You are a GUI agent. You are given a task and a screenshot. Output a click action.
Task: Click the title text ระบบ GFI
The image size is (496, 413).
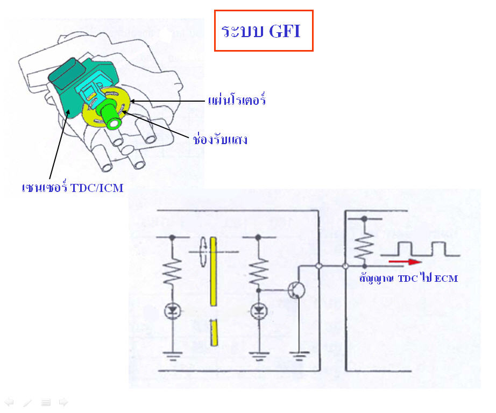pyautogui.click(x=261, y=31)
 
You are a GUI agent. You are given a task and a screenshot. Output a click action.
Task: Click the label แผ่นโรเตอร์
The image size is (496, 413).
pyautogui.click(x=237, y=99)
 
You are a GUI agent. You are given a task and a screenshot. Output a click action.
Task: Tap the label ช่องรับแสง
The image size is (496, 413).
pyautogui.click(x=220, y=139)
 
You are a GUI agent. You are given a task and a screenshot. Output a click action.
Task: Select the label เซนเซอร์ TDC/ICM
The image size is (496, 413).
pyautogui.click(x=73, y=188)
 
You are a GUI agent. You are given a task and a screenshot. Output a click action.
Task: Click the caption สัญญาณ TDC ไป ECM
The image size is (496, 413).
pyautogui.click(x=409, y=278)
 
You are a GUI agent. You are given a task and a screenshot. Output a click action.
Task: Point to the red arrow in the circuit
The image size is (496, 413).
pyautogui.click(x=405, y=261)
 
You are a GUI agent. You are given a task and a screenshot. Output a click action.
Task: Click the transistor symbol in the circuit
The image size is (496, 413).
pyautogui.click(x=297, y=290)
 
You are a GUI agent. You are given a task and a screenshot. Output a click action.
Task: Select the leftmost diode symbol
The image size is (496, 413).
pyautogui.click(x=172, y=311)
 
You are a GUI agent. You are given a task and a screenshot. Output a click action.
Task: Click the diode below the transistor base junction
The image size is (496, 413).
pyautogui.click(x=259, y=311)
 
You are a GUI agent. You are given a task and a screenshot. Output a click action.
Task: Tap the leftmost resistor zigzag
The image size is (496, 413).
pyautogui.click(x=172, y=272)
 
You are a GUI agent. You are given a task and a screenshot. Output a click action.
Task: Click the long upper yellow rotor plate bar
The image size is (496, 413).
pyautogui.click(x=213, y=272)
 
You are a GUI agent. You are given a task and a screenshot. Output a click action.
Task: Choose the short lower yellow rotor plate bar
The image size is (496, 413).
pyautogui.click(x=214, y=332)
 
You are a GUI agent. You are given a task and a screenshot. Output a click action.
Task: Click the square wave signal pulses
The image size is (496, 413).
pyautogui.click(x=420, y=249)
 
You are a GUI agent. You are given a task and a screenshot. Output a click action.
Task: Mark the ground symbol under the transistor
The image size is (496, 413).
pyautogui.click(x=299, y=357)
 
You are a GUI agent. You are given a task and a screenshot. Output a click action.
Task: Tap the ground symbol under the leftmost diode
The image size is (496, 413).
pyautogui.click(x=172, y=357)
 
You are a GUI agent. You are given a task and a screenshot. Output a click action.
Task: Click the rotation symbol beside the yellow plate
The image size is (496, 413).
pyautogui.click(x=203, y=252)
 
